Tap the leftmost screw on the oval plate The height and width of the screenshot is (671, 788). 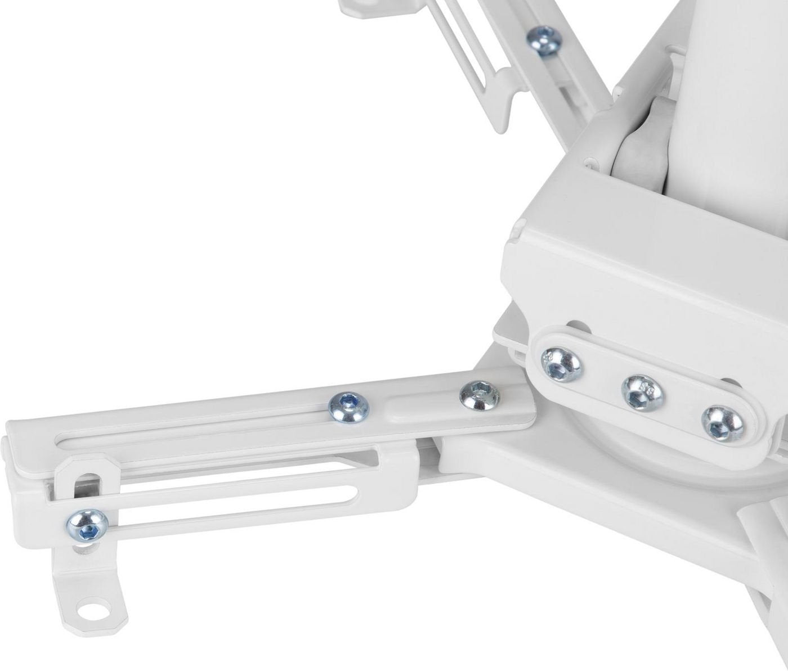pyautogui.click(x=561, y=362)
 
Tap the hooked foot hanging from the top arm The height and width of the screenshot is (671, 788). pyautogui.click(x=507, y=101)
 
